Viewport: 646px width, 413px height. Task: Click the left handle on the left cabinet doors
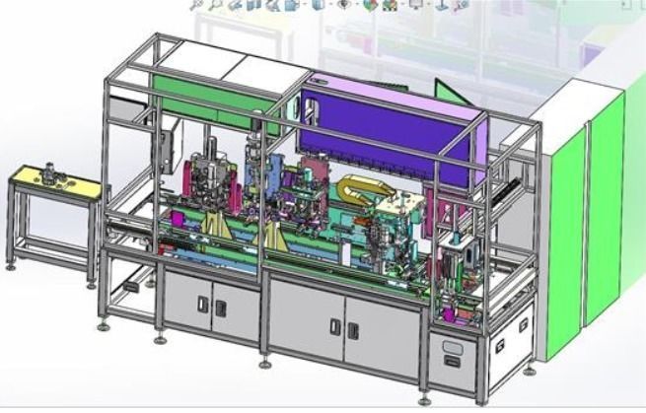(203, 306)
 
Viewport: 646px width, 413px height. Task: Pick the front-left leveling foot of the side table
(11, 265)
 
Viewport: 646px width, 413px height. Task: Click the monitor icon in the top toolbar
(416, 5)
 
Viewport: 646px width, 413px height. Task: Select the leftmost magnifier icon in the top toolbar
(197, 5)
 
